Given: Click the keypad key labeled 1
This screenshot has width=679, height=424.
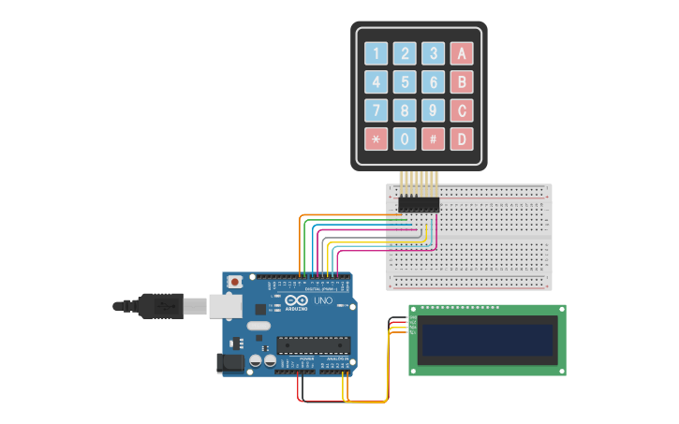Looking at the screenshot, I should (376, 53).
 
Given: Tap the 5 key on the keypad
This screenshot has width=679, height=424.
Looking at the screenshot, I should (405, 82).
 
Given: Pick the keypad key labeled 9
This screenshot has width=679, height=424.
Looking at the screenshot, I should (433, 111).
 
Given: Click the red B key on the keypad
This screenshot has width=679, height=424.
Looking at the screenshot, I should (461, 82).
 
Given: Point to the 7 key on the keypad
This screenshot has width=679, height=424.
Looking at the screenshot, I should (376, 111).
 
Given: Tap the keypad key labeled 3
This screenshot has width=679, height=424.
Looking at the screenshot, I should (433, 53).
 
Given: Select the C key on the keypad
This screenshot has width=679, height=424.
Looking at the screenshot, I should (461, 111).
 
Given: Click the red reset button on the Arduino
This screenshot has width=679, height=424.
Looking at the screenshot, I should (233, 281).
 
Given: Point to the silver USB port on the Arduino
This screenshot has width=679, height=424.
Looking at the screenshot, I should (224, 305).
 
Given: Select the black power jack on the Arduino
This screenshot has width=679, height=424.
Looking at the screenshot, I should (230, 362).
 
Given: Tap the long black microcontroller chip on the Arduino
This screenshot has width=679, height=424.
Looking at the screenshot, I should (313, 345).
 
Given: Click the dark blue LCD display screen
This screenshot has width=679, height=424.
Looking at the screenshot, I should (487, 339).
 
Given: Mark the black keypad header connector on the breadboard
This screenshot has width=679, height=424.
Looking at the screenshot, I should (419, 203).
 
